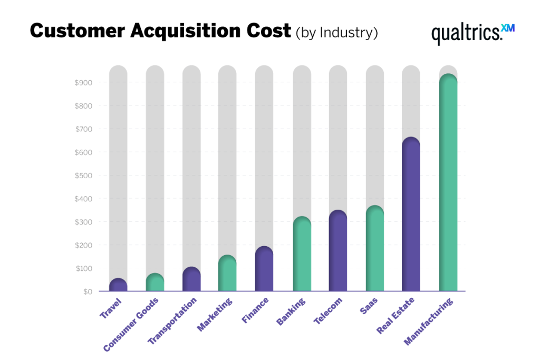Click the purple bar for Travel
pos(118,285)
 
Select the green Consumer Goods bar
pos(155,283)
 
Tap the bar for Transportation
pos(191,279)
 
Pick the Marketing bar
pos(227,274)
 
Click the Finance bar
pos(264,269)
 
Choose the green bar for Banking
pos(302,254)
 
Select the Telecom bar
pos(337,251)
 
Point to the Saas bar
pos(374,248)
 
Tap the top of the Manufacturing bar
pos(448,80)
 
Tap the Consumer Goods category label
pos(131,324)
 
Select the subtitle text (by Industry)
pos(337,32)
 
